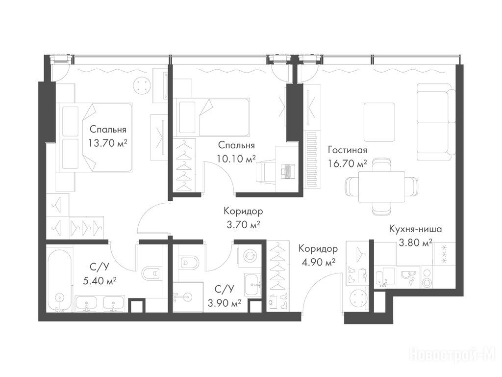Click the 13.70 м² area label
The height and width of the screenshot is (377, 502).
pos(107,143)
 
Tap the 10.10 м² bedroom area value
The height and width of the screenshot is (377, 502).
pos(236,159)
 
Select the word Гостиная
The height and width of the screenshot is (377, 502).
pos(348,150)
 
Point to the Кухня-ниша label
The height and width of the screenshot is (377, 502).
pos(415,229)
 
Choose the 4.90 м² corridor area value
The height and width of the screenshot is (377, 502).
pos(318,262)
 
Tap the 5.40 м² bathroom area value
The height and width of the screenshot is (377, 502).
pos(99,281)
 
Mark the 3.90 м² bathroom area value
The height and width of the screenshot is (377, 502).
pos(225,303)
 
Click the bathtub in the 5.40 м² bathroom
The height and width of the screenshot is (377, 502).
pos(60,278)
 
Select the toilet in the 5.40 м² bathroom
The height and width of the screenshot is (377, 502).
pos(151,273)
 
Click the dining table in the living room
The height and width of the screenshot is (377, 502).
pos(381,187)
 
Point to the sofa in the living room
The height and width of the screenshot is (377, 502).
pos(436,122)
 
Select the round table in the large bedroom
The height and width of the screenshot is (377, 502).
pos(142,85)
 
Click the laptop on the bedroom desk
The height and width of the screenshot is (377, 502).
pos(287,171)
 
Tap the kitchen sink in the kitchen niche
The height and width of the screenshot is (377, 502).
pos(385,277)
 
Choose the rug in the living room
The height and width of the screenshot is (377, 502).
pos(379,122)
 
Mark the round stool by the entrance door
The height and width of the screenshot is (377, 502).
pos(358,298)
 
